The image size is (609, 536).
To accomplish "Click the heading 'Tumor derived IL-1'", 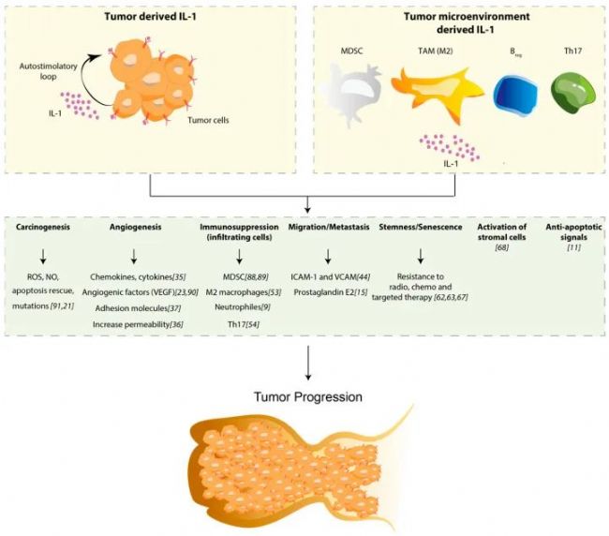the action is click(150, 17).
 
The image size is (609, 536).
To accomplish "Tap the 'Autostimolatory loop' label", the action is click(48, 71).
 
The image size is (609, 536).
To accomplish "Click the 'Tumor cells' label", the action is click(208, 120).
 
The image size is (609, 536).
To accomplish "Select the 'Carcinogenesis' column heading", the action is click(43, 227).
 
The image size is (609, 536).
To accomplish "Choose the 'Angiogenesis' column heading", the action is click(135, 227).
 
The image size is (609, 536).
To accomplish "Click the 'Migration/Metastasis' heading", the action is click(329, 227).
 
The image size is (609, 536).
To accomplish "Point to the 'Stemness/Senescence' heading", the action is click(421, 227).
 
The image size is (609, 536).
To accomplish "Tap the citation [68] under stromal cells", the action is click(502, 247).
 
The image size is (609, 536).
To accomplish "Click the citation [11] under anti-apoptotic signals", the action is click(573, 247).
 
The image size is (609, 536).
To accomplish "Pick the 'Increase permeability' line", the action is click(132, 324).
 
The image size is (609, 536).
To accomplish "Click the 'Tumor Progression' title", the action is click(308, 397).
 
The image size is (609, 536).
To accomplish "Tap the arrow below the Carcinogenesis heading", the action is click(43, 256).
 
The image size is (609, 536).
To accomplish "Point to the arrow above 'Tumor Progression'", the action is click(308, 363).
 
